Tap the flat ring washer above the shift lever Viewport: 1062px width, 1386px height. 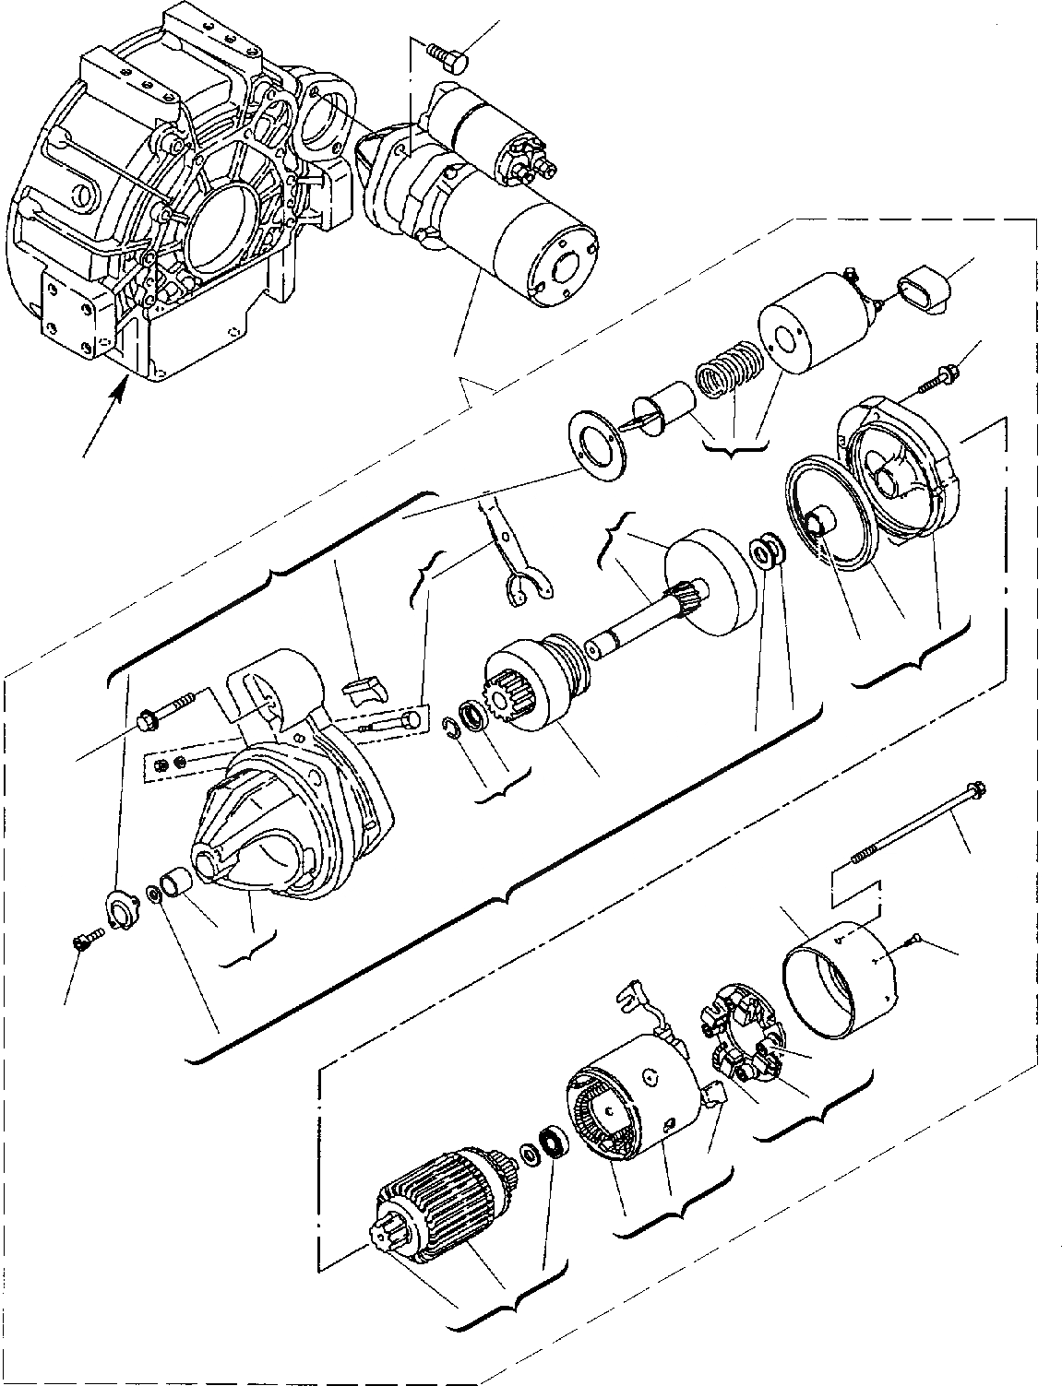coord(595,444)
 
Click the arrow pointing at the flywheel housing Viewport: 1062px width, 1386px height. coord(103,421)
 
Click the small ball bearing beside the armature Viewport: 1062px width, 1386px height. coord(554,1144)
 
